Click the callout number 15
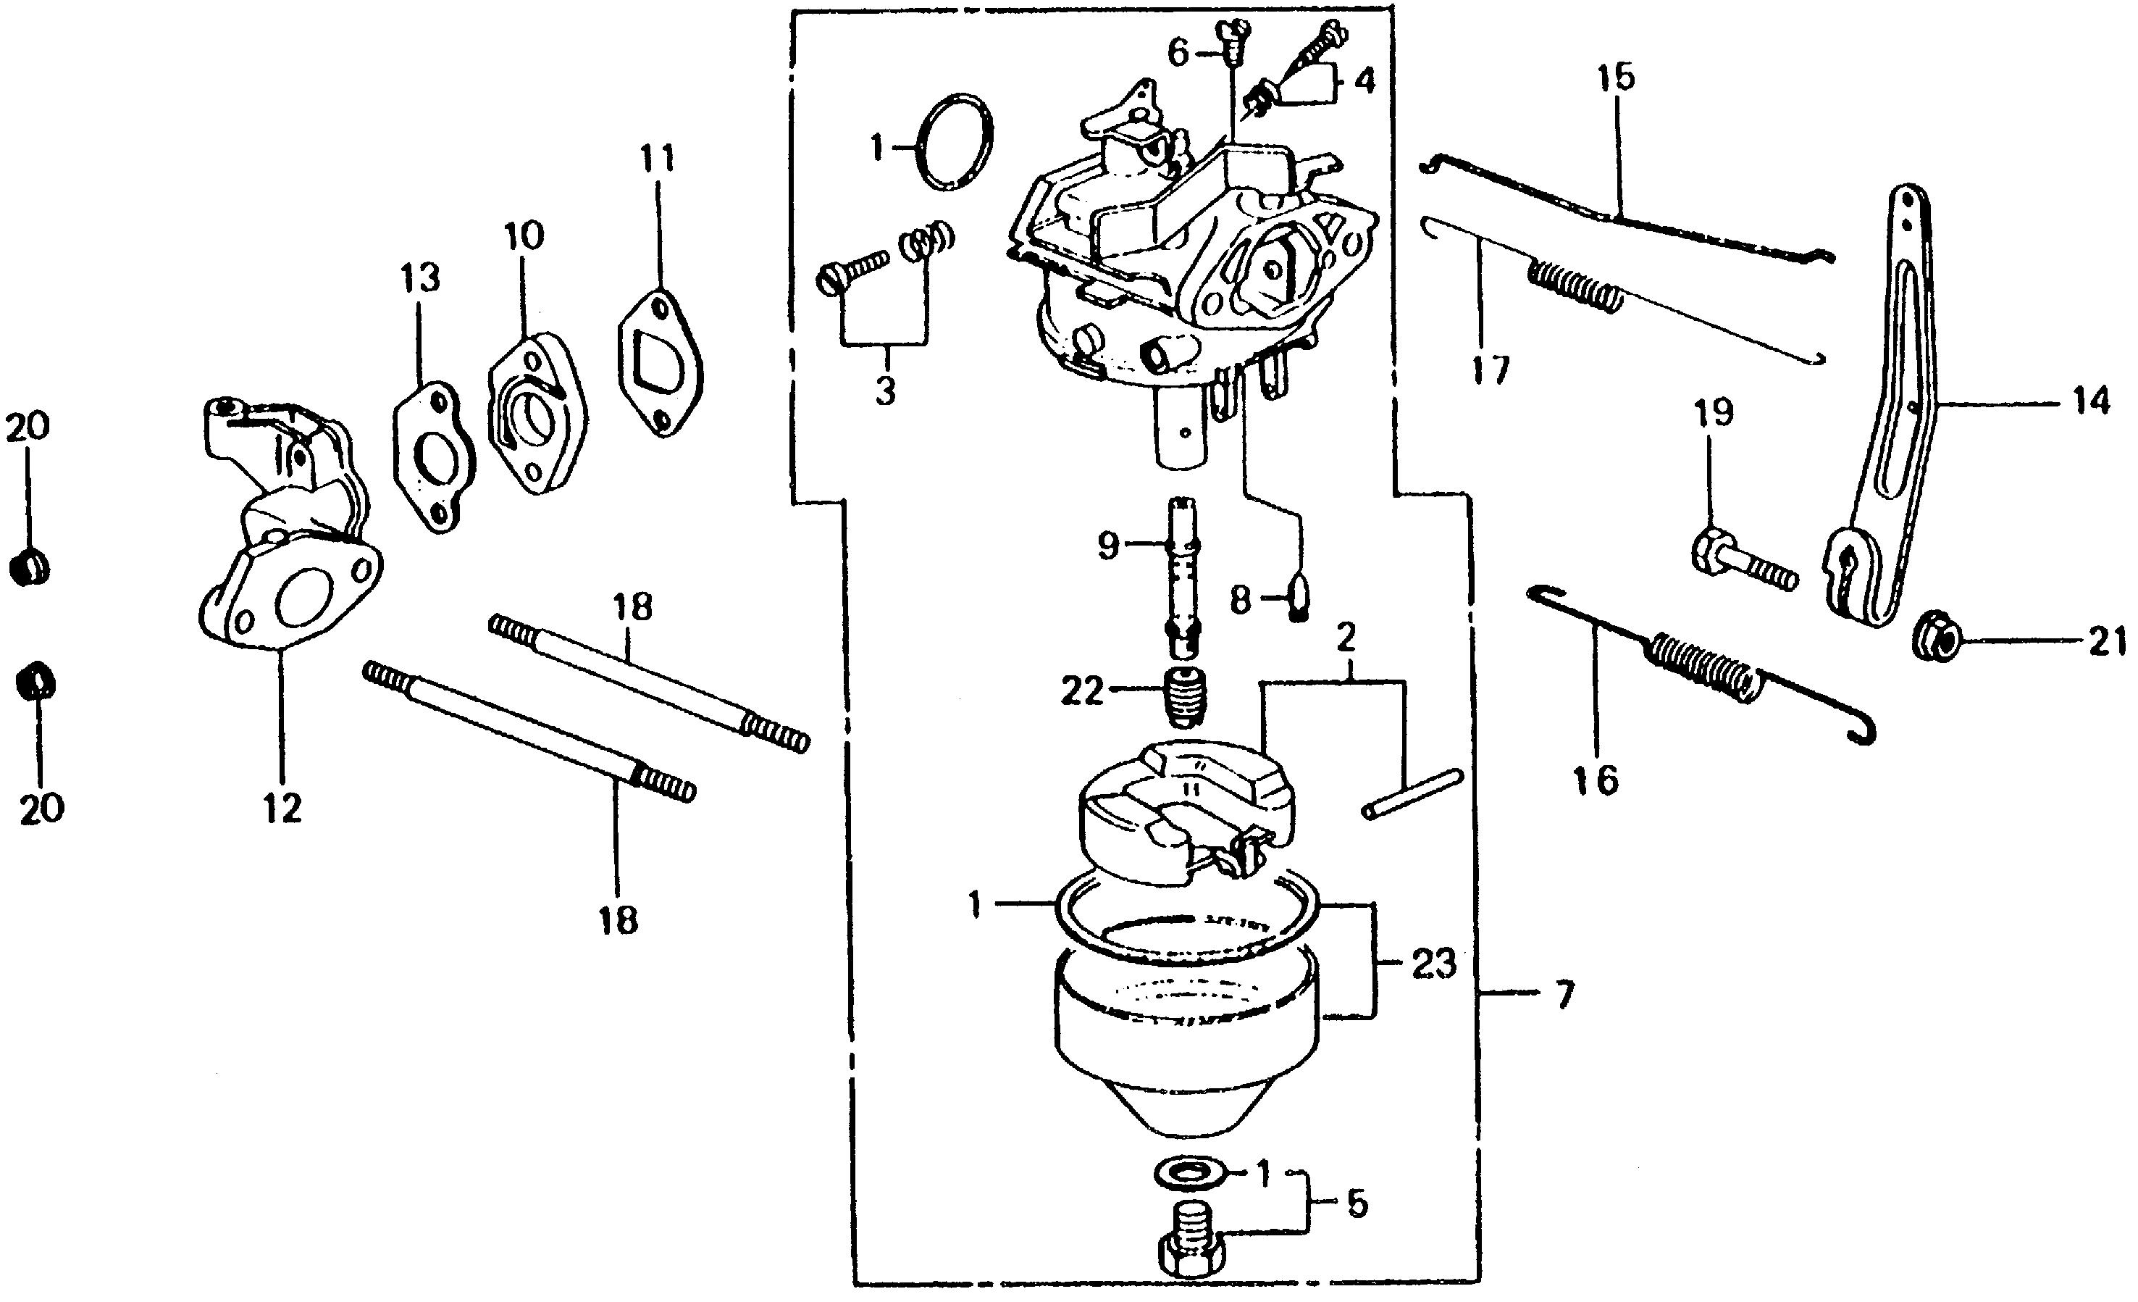[1616, 78]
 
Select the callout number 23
[1433, 964]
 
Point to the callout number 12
[283, 809]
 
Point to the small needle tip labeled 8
[1298, 597]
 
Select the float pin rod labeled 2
[1412, 793]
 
